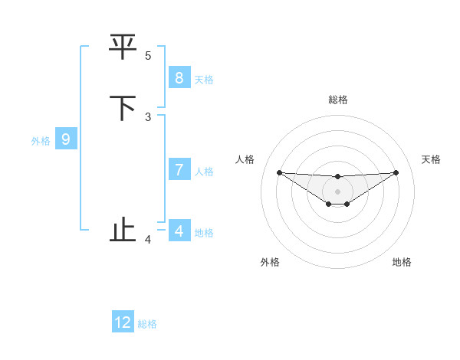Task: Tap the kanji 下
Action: (123, 108)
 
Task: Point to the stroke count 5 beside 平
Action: (148, 55)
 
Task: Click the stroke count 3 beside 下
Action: (148, 116)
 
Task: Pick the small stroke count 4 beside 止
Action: (148, 240)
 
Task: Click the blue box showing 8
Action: (179, 77)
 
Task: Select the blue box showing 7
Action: (179, 170)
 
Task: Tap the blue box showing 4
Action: (179, 231)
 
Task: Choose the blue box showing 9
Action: (66, 139)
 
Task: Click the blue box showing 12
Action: (123, 322)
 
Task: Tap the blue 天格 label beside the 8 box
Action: (204, 80)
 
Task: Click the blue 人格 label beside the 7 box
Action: (204, 172)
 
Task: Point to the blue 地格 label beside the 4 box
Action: (204, 233)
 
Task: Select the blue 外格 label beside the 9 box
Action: (41, 141)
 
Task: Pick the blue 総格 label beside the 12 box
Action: (147, 325)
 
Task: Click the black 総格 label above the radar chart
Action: (338, 100)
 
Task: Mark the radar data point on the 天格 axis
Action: (396, 172)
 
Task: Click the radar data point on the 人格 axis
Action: (279, 172)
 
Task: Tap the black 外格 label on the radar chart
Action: (270, 262)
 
